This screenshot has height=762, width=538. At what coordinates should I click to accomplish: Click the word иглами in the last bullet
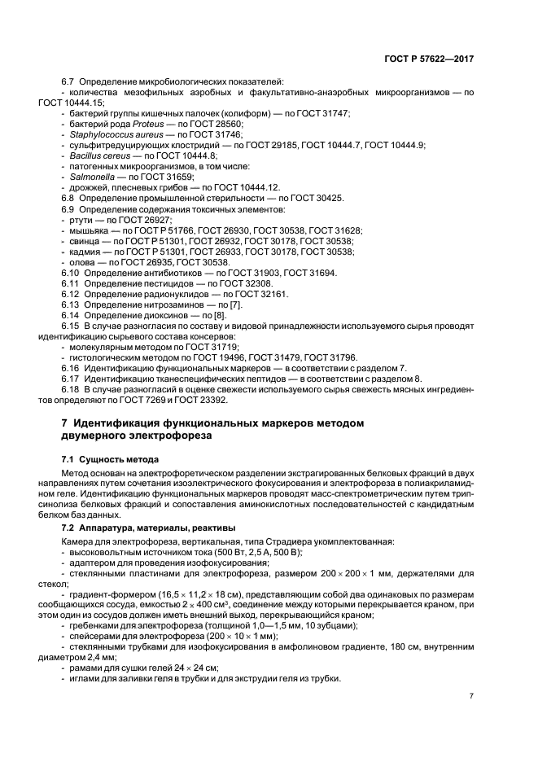tap(85, 679)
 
